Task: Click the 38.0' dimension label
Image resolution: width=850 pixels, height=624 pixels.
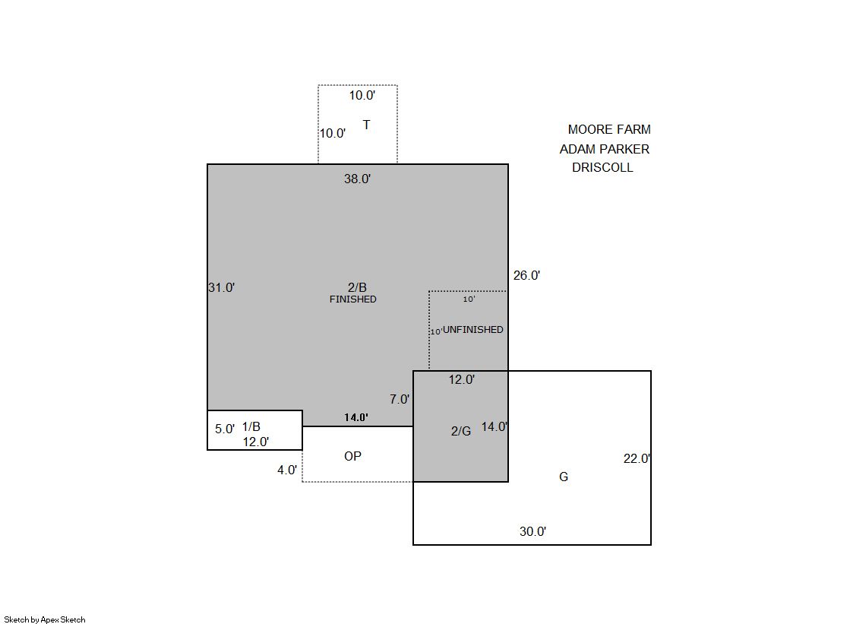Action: click(x=357, y=179)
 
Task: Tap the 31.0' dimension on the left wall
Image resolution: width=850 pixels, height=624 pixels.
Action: click(x=222, y=287)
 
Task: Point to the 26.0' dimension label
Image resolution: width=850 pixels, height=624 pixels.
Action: click(x=526, y=275)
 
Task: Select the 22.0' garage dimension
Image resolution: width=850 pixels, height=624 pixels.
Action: click(x=637, y=458)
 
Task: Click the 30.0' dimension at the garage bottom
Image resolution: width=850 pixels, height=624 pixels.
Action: click(x=533, y=531)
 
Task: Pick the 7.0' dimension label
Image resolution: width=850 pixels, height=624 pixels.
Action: click(x=400, y=399)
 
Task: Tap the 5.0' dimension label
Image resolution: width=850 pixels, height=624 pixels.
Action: click(x=225, y=429)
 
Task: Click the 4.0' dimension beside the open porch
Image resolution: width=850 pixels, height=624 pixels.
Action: click(x=287, y=470)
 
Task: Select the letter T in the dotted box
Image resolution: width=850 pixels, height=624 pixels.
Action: click(x=366, y=125)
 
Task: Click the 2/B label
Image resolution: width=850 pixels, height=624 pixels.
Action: click(x=357, y=287)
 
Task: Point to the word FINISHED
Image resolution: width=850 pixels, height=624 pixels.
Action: click(x=353, y=299)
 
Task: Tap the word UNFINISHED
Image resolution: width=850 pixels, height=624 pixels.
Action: click(x=473, y=329)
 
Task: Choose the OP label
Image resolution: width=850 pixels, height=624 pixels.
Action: click(x=353, y=456)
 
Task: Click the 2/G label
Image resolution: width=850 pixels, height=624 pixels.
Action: click(x=461, y=431)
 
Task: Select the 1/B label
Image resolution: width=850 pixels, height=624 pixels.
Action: click(x=251, y=426)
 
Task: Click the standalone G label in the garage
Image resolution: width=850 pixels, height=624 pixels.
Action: click(x=564, y=477)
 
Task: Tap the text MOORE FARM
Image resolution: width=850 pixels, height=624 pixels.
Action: click(x=609, y=129)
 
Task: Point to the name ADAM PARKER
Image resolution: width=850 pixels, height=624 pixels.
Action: click(x=605, y=149)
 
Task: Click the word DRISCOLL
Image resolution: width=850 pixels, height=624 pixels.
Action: click(x=603, y=167)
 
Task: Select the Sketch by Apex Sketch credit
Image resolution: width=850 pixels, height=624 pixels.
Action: click(x=45, y=619)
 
